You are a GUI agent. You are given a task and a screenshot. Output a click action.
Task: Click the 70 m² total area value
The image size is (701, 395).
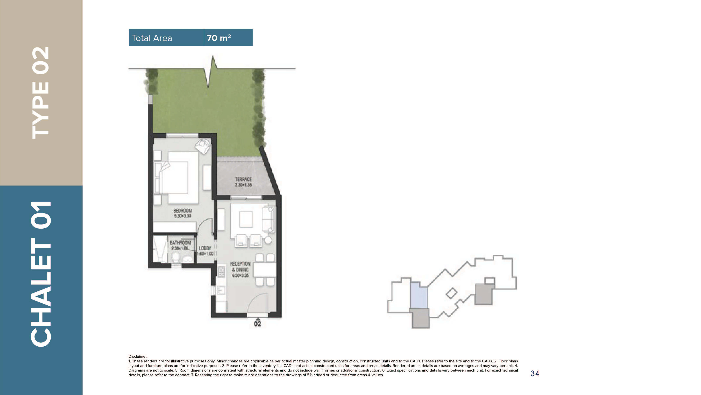pos(219,38)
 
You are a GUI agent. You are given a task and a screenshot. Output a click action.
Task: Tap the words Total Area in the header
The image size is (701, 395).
pos(152,38)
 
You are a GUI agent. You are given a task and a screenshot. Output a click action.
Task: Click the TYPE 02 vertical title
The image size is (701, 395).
pos(41,93)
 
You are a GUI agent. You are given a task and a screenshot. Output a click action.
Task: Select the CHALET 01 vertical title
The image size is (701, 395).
pos(41,274)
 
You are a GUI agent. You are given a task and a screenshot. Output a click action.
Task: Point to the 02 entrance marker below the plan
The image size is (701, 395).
pos(257,324)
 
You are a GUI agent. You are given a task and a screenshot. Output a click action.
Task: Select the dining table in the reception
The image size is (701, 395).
pos(265,270)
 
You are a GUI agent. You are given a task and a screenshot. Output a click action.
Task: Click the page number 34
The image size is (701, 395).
pos(535,373)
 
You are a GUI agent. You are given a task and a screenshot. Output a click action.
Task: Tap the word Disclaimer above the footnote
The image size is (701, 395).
pos(138,356)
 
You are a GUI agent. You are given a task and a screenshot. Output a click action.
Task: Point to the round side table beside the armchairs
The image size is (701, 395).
pos(268,240)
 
